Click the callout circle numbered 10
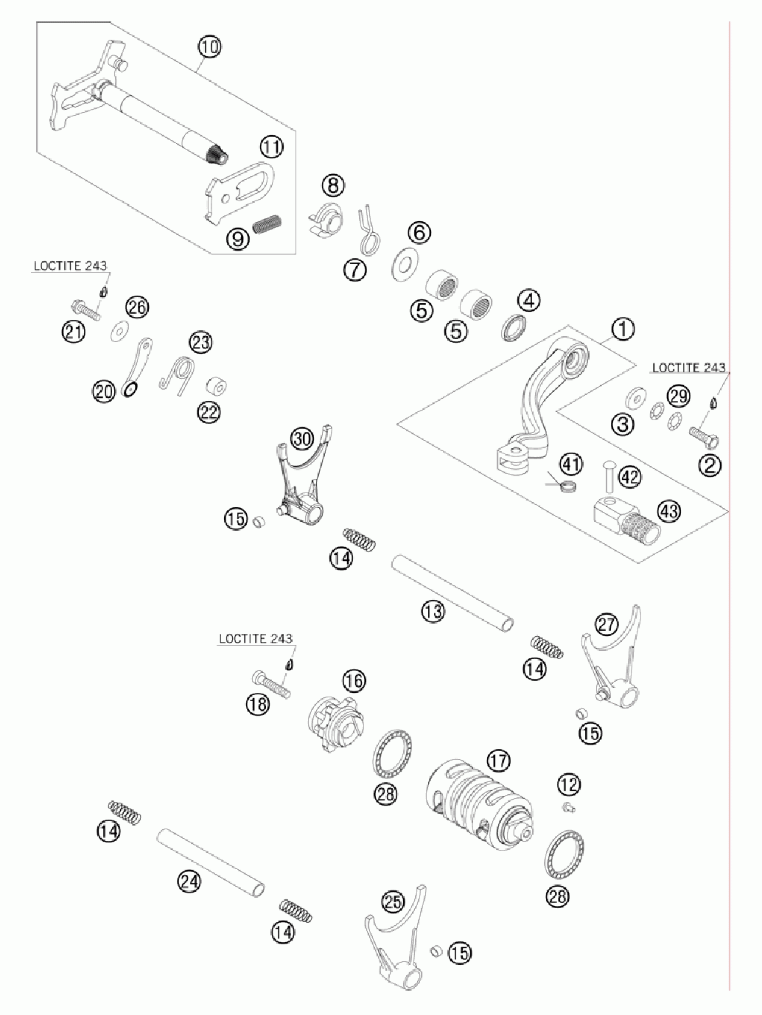209,47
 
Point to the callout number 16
354,680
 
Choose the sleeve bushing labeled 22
216,387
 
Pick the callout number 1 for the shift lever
623,328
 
